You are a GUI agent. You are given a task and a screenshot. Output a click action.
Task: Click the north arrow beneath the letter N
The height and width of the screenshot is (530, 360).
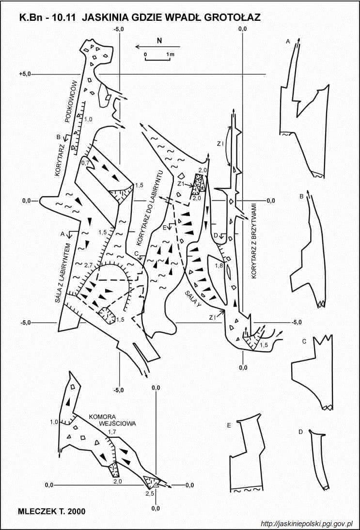pos(158,47)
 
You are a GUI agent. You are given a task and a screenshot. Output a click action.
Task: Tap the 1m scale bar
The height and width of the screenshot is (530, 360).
pos(157,60)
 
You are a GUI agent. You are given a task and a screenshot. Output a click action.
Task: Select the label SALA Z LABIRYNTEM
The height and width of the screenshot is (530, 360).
pos(64,272)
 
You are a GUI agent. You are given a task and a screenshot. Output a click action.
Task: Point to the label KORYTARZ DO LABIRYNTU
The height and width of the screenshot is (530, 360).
pos(150,208)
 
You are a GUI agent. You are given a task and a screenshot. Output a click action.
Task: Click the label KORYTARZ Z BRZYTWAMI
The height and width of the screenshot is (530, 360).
pos(254,241)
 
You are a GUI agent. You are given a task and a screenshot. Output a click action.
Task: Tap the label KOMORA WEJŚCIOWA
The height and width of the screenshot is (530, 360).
pos(112,420)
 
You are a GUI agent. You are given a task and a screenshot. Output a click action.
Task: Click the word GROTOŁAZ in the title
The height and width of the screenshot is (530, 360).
pos(234,17)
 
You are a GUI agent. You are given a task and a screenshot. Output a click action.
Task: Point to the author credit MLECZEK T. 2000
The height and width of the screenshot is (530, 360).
pos(52,511)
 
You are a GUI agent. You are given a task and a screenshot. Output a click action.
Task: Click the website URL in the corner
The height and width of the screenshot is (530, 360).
pos(307,524)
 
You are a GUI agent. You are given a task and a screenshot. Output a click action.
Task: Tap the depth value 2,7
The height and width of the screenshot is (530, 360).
pos(88,265)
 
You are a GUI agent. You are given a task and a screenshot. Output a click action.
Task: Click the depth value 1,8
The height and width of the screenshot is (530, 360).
pos(219,265)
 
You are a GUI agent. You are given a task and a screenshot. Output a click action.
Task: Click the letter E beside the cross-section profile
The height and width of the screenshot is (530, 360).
pos(229,425)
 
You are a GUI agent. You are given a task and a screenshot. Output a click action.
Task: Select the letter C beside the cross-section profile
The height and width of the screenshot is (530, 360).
pos(304,342)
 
